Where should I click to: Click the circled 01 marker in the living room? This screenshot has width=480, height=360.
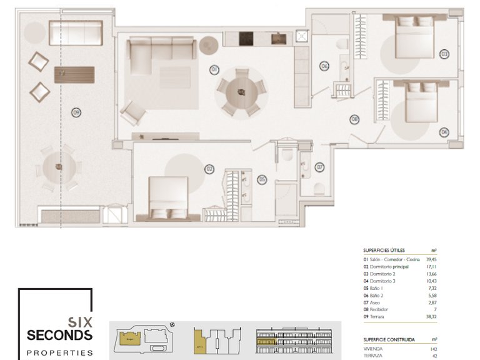(x=214, y=69)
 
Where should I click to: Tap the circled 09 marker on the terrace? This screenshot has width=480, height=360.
(x=76, y=113)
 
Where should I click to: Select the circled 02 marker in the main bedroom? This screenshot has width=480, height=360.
(x=210, y=169)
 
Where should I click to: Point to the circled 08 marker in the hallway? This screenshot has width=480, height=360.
(x=354, y=119)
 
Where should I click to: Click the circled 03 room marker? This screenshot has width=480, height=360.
(x=444, y=54)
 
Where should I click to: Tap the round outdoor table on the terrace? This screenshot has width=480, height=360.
(x=59, y=167)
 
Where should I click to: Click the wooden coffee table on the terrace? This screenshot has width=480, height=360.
(x=74, y=75)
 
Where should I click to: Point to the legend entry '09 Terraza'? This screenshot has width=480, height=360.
(x=377, y=317)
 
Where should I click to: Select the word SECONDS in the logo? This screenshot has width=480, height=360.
(x=59, y=336)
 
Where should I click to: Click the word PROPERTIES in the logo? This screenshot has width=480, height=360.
(x=59, y=352)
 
